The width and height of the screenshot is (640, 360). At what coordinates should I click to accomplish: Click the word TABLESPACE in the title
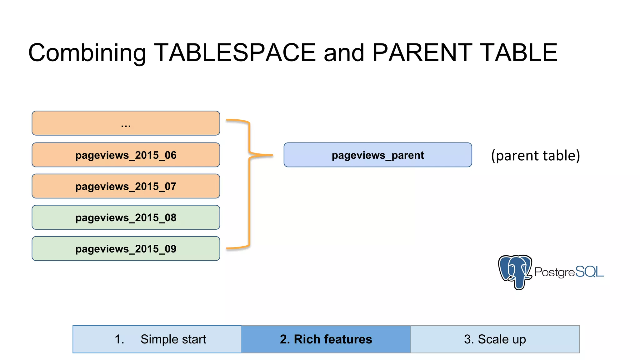point(235,52)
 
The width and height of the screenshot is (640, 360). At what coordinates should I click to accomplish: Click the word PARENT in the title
point(422,52)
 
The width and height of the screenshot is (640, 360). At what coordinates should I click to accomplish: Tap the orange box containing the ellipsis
point(126,123)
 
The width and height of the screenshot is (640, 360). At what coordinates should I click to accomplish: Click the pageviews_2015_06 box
point(126,155)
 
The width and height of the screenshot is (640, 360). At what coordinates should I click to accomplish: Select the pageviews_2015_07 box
point(126,186)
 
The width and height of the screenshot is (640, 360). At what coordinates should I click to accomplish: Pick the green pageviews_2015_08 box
point(126,217)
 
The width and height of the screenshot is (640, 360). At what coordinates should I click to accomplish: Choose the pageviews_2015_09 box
point(126,249)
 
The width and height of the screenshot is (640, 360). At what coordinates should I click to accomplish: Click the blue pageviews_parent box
point(377,155)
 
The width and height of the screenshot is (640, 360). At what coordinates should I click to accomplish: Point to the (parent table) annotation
point(535,155)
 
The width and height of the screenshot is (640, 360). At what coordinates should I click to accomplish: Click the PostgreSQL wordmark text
point(569,272)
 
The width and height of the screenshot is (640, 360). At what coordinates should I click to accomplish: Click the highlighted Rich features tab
point(326,339)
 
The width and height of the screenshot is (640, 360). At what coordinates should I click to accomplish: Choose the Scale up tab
point(495,339)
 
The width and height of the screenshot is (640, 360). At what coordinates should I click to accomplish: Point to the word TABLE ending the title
point(519,52)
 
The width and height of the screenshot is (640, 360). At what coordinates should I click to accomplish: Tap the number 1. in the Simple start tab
point(119,339)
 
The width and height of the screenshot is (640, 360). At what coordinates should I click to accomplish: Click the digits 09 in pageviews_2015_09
point(171,249)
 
